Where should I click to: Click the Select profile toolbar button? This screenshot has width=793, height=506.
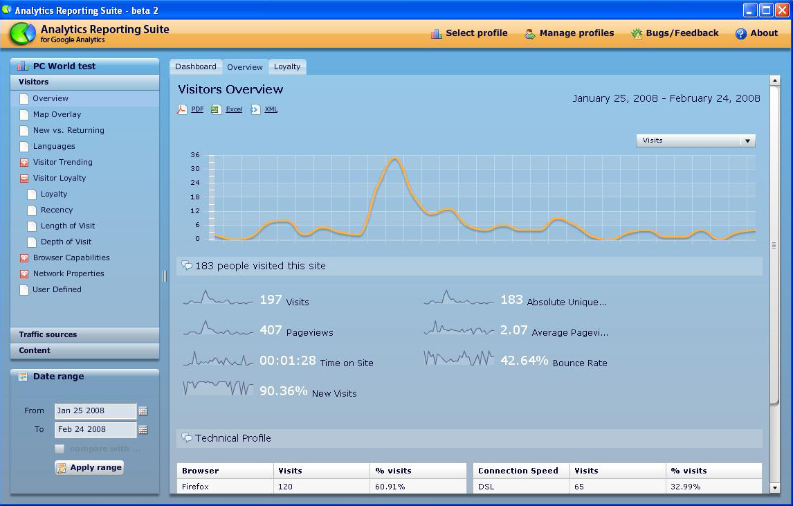pos(469,33)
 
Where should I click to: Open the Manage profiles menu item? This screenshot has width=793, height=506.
pos(569,33)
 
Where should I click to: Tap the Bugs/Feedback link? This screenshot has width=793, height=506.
pos(675,33)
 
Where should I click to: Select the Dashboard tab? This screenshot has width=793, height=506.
pos(195,66)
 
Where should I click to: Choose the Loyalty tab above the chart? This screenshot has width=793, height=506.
pos(287,66)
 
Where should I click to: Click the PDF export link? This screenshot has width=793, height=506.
pos(197,109)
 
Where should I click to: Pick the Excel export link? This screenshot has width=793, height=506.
pos(234,109)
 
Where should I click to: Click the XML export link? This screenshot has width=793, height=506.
pos(271,109)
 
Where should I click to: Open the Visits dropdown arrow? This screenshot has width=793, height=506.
pos(747,141)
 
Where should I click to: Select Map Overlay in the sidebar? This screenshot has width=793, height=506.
pos(57,114)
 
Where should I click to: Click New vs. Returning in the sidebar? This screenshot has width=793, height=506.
pos(69,130)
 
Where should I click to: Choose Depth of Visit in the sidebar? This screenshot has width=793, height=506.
pos(66,242)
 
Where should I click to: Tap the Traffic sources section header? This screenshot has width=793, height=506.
pos(48,334)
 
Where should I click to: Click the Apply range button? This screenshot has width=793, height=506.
pos(89,467)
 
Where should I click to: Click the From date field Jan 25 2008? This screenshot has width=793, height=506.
pos(95,411)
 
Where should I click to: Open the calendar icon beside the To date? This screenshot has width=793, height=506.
pos(143,430)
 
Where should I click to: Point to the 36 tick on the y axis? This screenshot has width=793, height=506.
pos(195,155)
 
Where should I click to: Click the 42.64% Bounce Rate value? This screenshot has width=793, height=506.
pos(524,361)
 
